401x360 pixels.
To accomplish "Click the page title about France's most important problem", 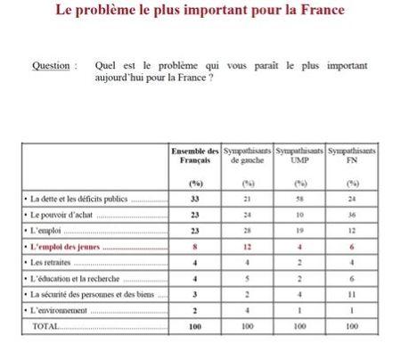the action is pos(200,12).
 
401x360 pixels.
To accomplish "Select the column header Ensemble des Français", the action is pos(194,157).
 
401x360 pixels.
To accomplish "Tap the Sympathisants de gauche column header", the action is pos(247,157).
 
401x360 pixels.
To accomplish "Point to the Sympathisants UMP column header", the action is pos(299,157).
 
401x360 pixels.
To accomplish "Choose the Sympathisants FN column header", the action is pos(351,157).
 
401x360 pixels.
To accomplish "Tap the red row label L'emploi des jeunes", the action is pos(67,247).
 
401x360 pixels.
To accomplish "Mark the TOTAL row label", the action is pos(45,327).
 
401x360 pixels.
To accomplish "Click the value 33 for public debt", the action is pos(194,199).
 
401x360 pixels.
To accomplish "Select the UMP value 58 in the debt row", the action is pos(299,199).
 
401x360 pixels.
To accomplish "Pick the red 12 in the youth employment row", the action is pos(247,247).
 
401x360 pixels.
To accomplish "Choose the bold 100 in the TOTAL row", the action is pos(194,327).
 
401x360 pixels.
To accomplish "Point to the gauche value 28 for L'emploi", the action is pos(247,231).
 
